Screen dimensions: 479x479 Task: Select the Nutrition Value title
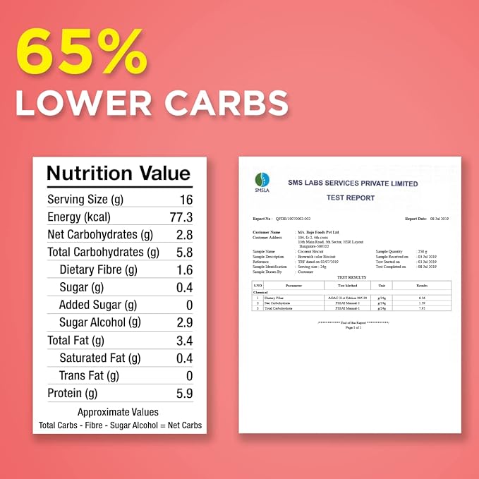point(119,174)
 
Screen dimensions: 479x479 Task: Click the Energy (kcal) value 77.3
point(181,217)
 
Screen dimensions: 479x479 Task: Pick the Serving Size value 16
point(186,200)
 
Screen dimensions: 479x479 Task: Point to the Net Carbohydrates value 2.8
point(185,235)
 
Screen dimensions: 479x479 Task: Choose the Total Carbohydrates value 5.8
point(185,253)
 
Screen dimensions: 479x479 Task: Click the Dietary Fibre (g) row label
point(98,270)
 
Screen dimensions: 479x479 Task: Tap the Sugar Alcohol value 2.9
point(185,323)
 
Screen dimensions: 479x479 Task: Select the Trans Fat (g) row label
point(89,376)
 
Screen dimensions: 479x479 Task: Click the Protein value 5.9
point(185,394)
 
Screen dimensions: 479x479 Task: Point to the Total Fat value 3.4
point(185,341)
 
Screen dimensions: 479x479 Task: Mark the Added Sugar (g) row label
point(98,305)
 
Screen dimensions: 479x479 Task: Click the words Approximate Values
point(119,412)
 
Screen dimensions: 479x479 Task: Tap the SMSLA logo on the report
point(262,182)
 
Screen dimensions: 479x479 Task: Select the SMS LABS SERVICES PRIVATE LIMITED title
point(353,184)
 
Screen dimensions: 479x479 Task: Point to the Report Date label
point(415,219)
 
